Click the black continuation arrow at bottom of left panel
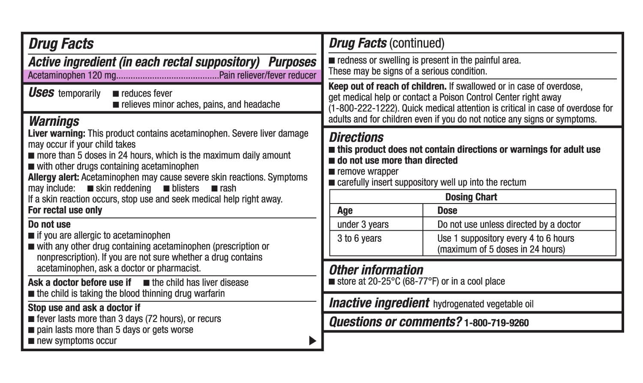(312, 341)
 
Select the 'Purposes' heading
(292, 62)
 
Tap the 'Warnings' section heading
(54, 121)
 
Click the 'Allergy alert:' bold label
(54, 177)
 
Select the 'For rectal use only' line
(65, 210)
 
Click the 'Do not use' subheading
(49, 225)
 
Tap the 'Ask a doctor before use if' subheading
(80, 283)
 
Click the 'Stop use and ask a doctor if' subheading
(84, 308)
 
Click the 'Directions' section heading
(356, 137)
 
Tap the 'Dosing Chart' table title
(471, 197)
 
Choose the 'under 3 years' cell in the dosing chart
(363, 225)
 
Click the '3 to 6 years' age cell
(359, 239)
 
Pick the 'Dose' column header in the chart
(447, 211)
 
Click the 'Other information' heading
(376, 270)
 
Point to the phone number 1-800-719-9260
(496, 323)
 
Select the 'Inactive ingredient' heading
(379, 303)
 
